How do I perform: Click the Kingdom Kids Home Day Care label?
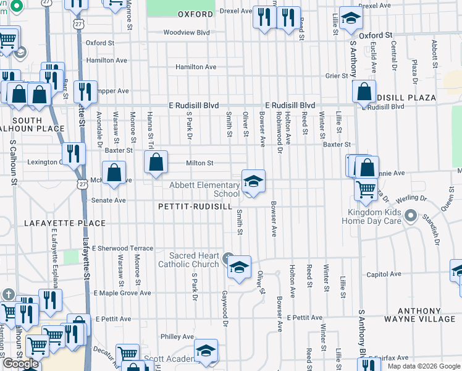371,216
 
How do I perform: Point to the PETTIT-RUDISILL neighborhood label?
195,206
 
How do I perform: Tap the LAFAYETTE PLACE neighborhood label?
65,223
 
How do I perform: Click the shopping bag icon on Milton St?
157,163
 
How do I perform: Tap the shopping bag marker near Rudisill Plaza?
364,92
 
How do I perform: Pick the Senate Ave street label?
109,200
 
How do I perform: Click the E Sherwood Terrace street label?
122,248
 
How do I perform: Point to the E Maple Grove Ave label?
122,293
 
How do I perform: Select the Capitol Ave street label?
384,275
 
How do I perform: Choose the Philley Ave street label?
177,337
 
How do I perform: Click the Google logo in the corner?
21,364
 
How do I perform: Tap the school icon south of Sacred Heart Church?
239,268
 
